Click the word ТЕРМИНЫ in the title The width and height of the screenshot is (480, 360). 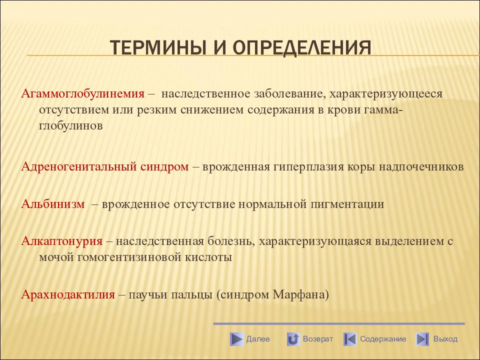tap(158, 47)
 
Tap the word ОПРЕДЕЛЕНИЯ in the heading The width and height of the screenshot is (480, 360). tap(302, 48)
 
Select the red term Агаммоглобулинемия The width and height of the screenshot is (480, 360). tap(82, 93)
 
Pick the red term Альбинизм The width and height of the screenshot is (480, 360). tap(53, 204)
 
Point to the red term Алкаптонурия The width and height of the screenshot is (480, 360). tap(62, 241)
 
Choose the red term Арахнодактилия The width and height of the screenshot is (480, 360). tap(68, 294)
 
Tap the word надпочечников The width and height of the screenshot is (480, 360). tap(421, 167)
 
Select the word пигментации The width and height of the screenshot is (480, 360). tap(347, 204)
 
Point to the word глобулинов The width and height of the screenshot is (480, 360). tap(70, 126)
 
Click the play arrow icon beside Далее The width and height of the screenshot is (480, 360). tap(236, 339)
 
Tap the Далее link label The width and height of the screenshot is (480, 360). tap(258, 339)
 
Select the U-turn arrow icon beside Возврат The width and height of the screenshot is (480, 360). tap(293, 339)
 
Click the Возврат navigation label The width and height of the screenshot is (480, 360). tap(318, 339)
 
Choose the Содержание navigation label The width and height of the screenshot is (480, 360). tap(383, 339)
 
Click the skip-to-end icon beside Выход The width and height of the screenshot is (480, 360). tap(422, 339)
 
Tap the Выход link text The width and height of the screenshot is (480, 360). tap(445, 339)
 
